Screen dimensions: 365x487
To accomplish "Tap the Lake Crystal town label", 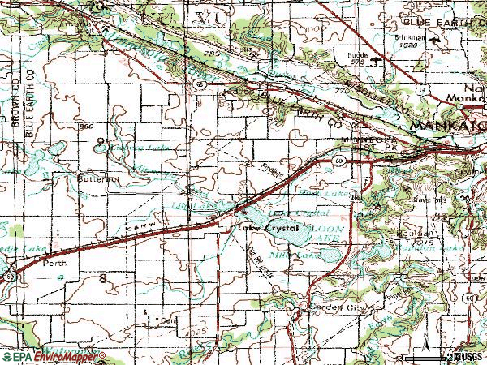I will coord(269,229).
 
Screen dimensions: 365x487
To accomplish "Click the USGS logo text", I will coord(470,356).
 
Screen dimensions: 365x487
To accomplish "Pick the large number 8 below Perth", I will coord(102,278).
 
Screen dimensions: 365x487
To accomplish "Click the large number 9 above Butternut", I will coord(100,142).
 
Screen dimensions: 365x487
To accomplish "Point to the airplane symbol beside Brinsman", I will coord(439,41).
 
